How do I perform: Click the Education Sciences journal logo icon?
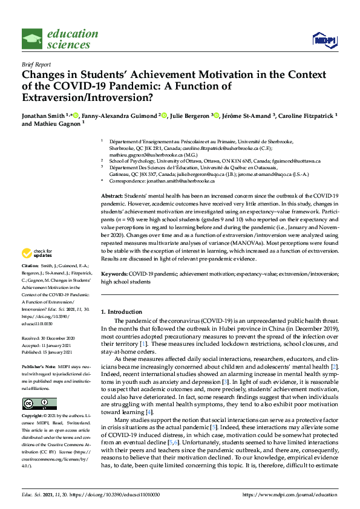coord(32,39)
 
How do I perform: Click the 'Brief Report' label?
coord(36,64)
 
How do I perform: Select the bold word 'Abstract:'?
coord(111,196)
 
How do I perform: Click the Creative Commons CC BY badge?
coord(39,404)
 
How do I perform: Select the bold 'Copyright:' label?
coord(33,417)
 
